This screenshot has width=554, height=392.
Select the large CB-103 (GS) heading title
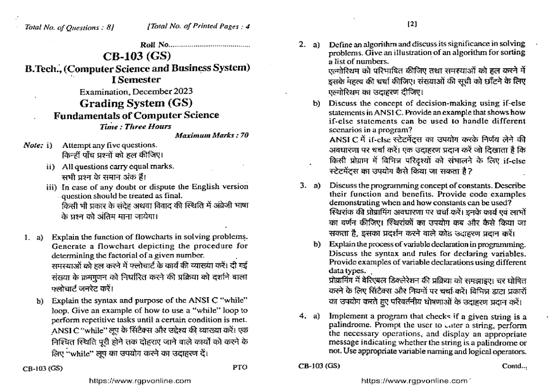137,57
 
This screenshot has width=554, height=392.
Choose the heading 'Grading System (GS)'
137,103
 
